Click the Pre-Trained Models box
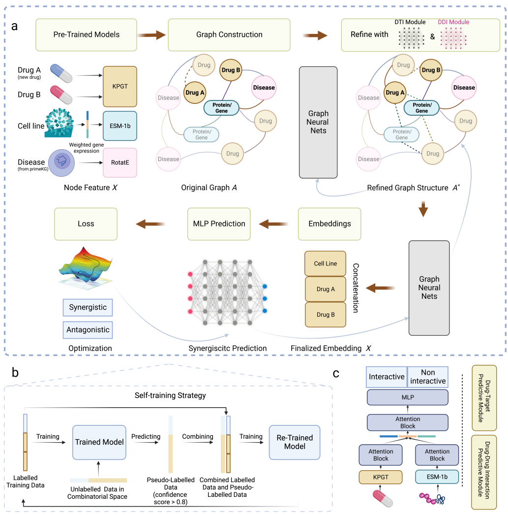point(86,35)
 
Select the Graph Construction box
point(229,35)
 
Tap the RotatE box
point(120,162)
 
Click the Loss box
point(86,224)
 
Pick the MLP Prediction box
point(219,224)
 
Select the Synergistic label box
point(88,308)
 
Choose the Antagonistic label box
point(88,329)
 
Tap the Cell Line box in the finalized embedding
point(325,263)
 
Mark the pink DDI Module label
point(453,22)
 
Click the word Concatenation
point(357,289)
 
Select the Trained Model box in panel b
point(99,442)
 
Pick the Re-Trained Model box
point(295,442)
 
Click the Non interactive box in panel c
point(428,377)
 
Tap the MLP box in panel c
point(408,397)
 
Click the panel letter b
point(15,373)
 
